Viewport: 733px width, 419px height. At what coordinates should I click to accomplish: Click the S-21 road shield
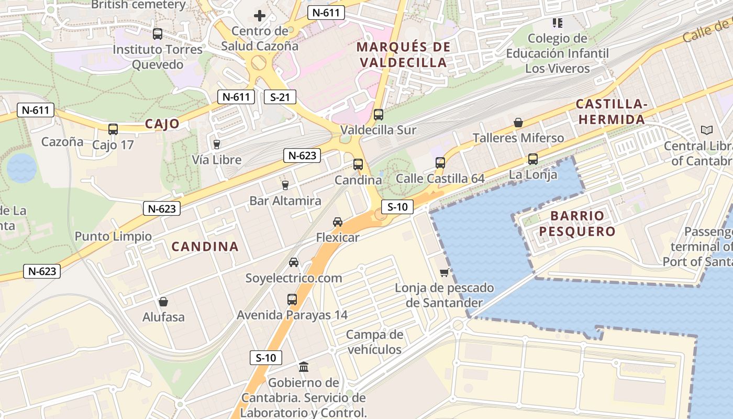pos(280,97)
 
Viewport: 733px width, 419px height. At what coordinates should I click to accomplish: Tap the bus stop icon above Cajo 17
pos(113,129)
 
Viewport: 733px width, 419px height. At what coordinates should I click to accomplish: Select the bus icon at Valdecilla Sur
pos(378,114)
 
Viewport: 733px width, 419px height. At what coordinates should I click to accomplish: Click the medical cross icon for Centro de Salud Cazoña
pos(259,15)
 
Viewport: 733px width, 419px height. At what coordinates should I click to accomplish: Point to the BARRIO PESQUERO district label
pos(577,223)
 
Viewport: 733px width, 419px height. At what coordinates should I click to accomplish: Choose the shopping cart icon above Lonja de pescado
pos(445,272)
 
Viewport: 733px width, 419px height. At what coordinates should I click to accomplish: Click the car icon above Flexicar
pos(338,222)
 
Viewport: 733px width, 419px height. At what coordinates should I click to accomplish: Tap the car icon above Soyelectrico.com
pos(294,262)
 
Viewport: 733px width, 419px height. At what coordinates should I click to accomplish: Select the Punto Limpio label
pos(113,236)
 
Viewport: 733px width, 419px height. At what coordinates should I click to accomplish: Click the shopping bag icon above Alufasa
pos(163,302)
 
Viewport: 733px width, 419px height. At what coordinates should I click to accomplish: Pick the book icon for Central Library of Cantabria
pos(706,130)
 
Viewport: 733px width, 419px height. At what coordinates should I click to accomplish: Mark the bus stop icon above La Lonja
pos(532,159)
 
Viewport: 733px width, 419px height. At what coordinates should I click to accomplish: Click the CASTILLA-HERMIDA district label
pos(611,112)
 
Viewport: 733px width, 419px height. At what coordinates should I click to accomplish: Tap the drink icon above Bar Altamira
pos(285,185)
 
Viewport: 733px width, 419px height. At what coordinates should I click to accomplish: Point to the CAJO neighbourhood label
pos(162,124)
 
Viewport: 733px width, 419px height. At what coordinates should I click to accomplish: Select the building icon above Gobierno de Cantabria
pos(304,367)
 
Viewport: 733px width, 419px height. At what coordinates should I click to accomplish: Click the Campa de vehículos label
pos(374,342)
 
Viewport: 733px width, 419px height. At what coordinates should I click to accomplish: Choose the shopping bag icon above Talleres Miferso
pos(518,123)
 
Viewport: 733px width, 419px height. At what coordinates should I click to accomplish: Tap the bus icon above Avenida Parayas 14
pos(292,300)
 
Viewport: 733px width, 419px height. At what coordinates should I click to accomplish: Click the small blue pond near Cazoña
pos(21,168)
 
